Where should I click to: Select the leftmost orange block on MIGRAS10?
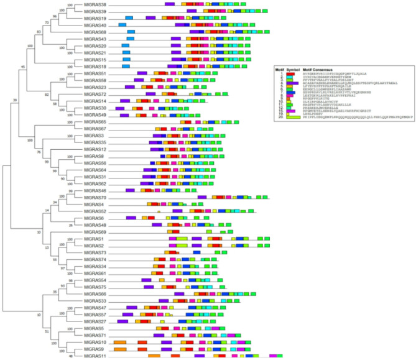(x=120, y=343)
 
